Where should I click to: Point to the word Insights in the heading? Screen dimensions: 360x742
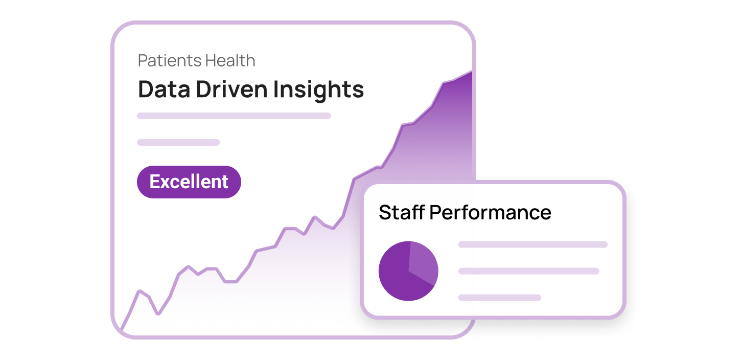tap(318, 89)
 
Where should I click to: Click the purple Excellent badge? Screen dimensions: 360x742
tap(189, 182)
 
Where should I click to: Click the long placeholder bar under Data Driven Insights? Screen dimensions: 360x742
tap(234, 116)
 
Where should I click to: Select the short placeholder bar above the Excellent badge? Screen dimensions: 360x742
tap(178, 142)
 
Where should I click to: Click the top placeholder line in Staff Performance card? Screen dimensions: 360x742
tap(532, 244)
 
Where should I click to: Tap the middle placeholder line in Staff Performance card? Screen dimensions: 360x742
tap(528, 271)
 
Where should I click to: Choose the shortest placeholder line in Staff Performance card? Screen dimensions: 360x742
tap(499, 298)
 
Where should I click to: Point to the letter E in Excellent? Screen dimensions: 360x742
tap(154, 182)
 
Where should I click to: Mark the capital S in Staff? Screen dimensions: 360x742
tap(385, 212)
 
